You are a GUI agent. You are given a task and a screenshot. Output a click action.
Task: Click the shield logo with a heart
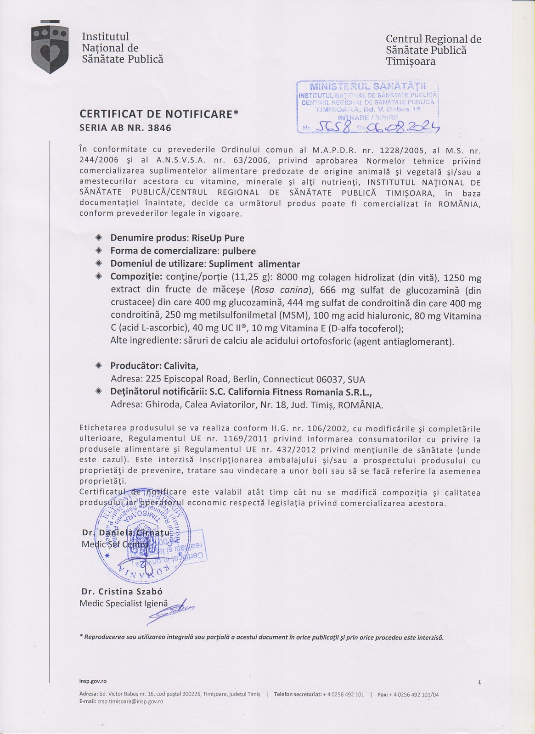pyautogui.click(x=50, y=50)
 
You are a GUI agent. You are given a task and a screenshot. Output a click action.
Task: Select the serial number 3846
pyautogui.click(x=159, y=128)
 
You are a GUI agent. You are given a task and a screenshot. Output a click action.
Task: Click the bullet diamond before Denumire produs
pyautogui.click(x=98, y=238)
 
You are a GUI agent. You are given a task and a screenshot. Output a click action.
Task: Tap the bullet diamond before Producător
pyautogui.click(x=98, y=365)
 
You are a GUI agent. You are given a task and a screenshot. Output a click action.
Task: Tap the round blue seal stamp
pyautogui.click(x=142, y=537)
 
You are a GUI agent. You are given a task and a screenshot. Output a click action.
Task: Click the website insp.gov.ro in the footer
pyautogui.click(x=93, y=682)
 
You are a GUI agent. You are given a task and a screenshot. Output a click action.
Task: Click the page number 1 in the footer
pyautogui.click(x=479, y=682)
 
